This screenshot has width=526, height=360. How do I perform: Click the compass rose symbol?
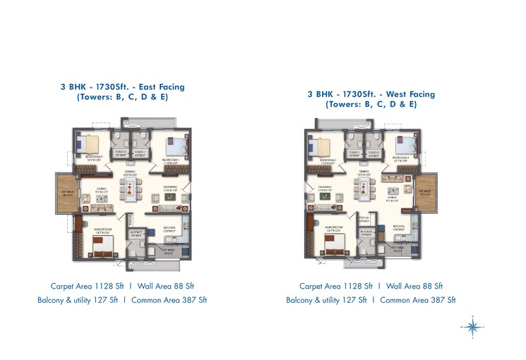(472, 327)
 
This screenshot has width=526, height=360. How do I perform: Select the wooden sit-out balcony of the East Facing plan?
(68, 193)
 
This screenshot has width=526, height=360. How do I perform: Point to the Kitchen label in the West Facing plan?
(399, 227)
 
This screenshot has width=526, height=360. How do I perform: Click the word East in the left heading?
(148, 87)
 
